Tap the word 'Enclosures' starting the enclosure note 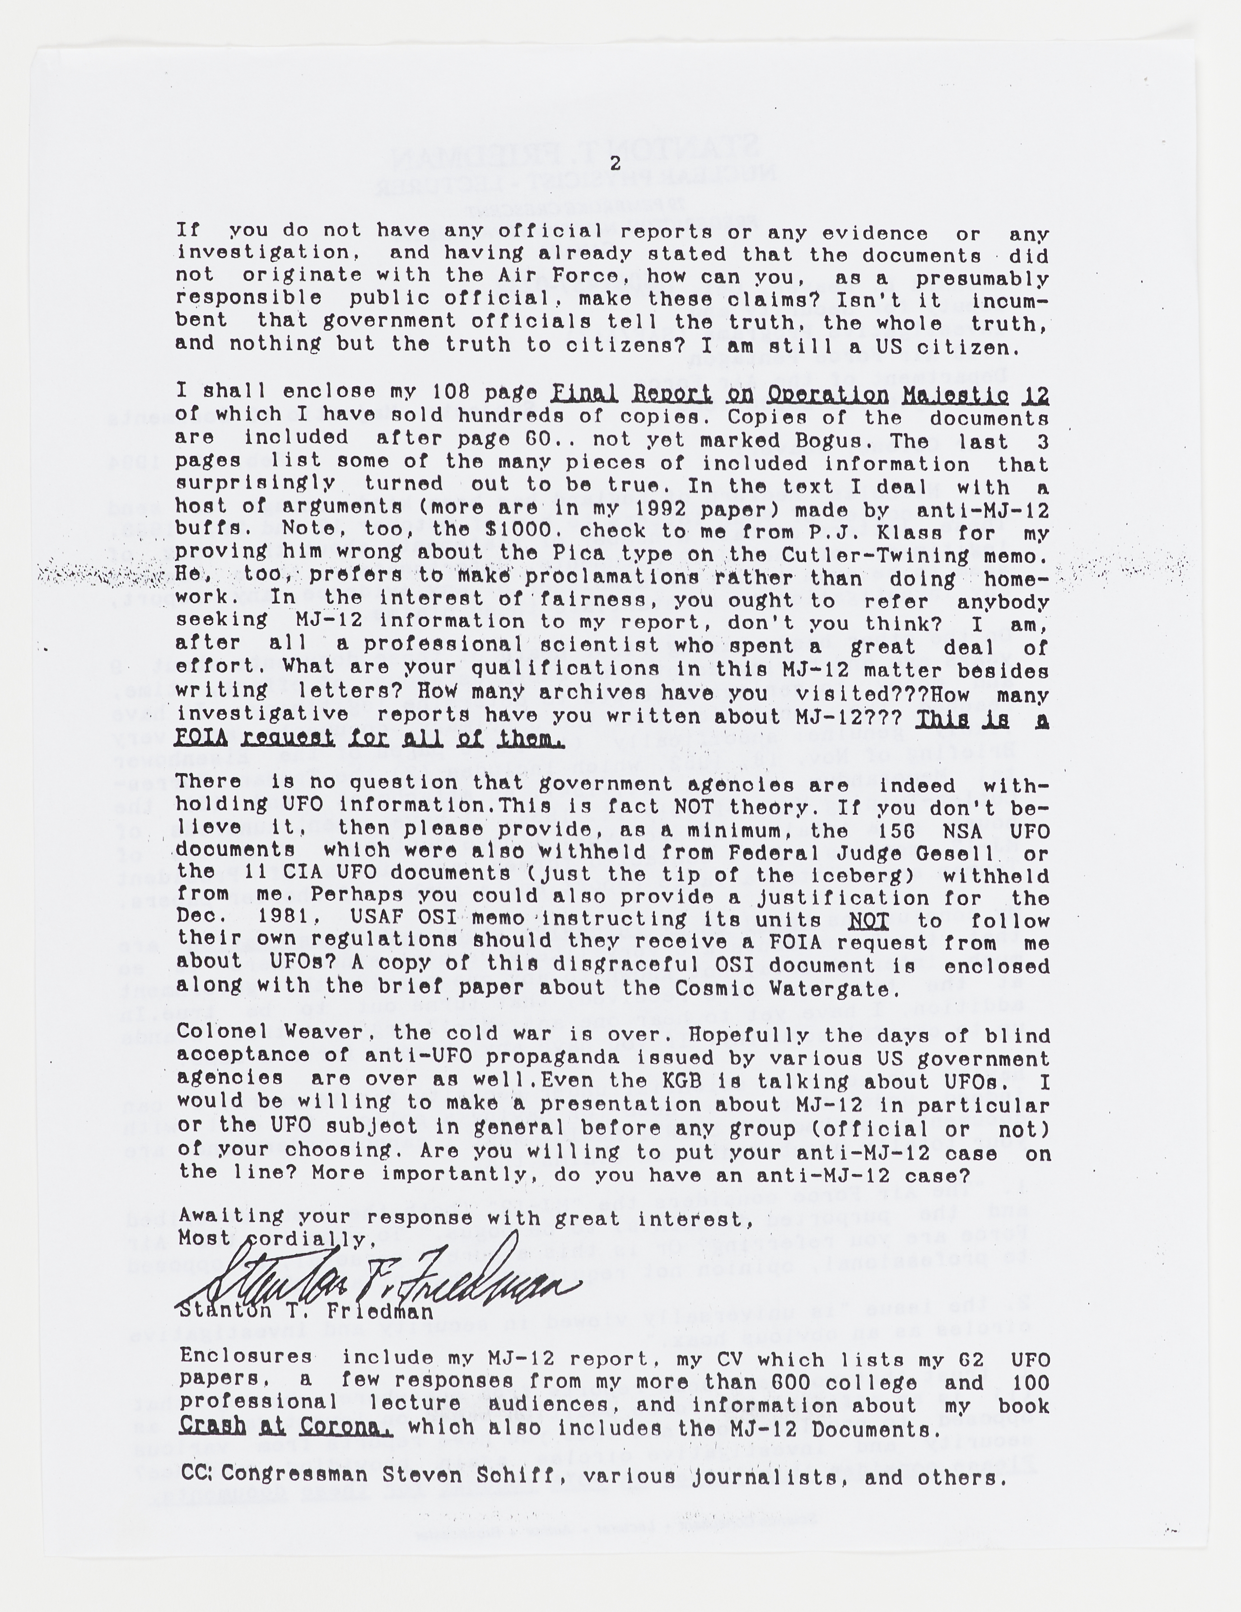click(246, 1357)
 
